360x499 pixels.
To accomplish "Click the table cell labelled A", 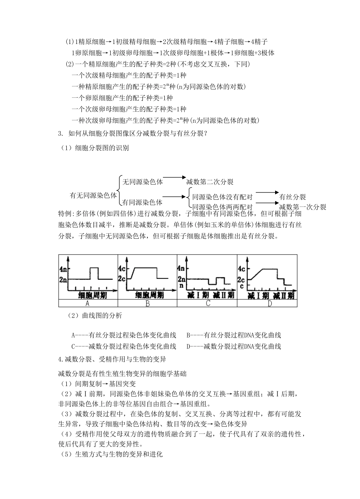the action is (88, 303).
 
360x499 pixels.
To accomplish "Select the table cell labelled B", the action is (147, 303).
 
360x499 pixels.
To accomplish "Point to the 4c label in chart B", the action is (122, 269).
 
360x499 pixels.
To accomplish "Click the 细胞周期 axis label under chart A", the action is (92, 295).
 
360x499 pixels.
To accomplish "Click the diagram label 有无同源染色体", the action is (93, 196).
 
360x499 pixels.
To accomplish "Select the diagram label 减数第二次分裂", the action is (210, 182).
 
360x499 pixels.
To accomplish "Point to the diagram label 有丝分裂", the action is (292, 197).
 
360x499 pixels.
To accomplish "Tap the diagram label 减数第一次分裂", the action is (302, 207).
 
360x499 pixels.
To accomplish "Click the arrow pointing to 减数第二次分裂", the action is (174, 177).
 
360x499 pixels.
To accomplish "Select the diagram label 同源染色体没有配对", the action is (222, 197).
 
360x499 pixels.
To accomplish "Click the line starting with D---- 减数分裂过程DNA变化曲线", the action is (234, 346).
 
